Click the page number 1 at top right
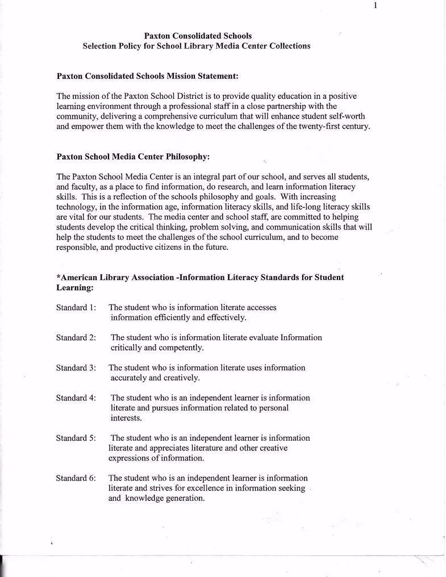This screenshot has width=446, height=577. pos(376,6)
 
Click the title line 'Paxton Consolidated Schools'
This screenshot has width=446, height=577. pos(198,36)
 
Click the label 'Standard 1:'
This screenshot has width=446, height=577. pos(76,307)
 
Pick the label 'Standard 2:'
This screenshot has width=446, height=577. pos(76,337)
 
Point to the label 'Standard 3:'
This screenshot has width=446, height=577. pos(76,367)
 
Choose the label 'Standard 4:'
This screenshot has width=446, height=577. pos(76,398)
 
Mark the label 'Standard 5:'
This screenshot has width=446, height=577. pos(76,438)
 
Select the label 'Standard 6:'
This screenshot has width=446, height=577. pos(76,478)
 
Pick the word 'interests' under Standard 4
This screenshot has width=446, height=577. pos(126,418)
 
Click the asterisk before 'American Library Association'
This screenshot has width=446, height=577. pos(59,277)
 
